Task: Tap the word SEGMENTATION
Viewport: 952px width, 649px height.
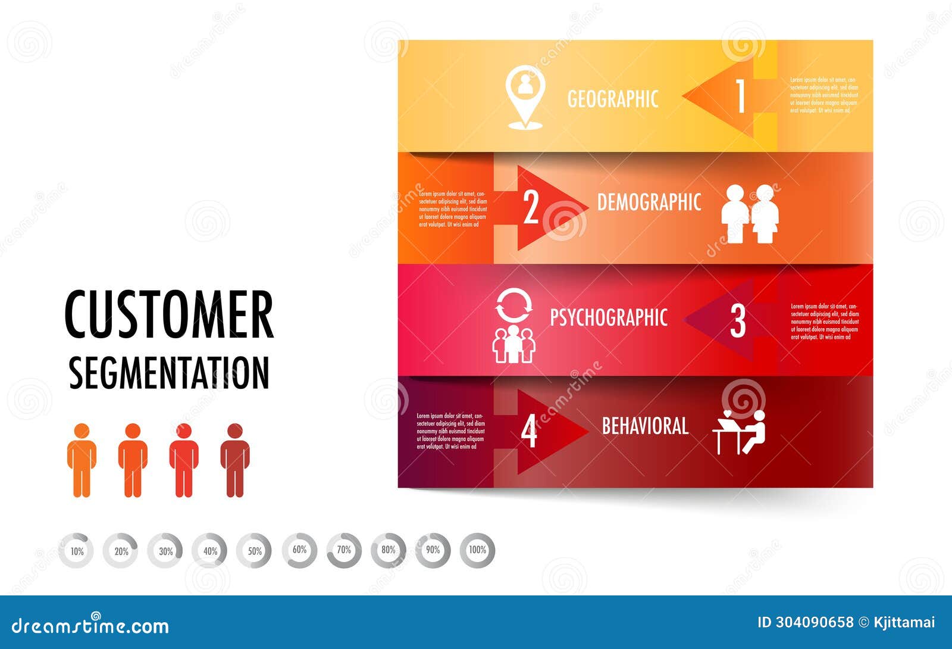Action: point(169,373)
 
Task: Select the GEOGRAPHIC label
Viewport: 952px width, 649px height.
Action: point(613,99)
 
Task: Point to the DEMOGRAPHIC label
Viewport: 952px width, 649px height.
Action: point(649,202)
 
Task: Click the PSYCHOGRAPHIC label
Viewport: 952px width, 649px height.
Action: point(608,317)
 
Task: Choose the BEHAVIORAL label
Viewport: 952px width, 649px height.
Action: point(645,426)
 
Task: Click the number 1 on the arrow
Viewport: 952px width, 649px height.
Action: point(740,96)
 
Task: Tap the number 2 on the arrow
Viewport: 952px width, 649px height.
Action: point(531,208)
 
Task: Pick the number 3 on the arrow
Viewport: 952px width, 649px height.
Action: point(738,321)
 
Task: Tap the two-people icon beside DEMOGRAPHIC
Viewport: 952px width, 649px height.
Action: point(750,214)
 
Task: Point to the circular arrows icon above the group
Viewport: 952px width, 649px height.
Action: point(514,305)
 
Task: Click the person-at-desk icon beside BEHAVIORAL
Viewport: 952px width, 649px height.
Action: point(740,432)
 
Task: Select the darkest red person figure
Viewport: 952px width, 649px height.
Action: point(235,460)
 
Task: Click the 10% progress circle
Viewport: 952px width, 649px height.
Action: point(77,551)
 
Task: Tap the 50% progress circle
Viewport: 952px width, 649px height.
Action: point(255,551)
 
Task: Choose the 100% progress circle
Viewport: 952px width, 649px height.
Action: point(477,550)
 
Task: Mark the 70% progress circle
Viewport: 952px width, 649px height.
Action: point(344,550)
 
